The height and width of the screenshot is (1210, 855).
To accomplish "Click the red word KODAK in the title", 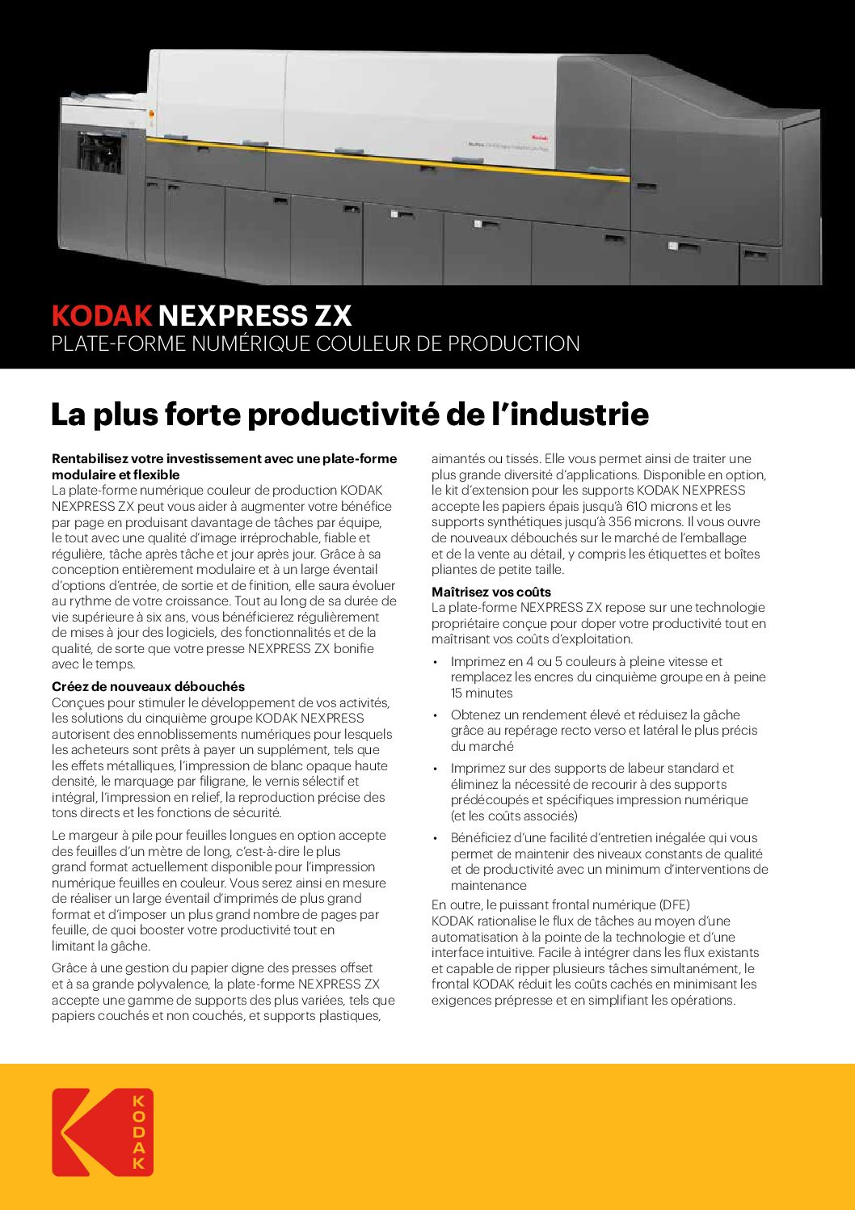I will (102, 315).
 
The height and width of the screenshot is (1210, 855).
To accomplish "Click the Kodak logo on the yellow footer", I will (103, 1132).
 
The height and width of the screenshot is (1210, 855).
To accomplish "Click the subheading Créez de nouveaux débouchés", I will (148, 687).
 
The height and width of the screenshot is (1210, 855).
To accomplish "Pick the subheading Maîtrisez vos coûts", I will (491, 592).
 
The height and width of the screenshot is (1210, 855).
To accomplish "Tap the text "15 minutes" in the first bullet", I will (482, 693).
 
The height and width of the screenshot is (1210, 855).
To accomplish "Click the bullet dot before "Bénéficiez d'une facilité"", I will (436, 838).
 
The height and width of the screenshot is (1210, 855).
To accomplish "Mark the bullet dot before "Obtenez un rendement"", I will (436, 715).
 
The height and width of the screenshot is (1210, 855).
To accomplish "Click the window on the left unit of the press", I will (101, 154).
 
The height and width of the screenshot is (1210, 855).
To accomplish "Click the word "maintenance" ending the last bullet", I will (488, 885).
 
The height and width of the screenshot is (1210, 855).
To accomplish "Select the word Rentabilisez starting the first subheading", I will (89, 459).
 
